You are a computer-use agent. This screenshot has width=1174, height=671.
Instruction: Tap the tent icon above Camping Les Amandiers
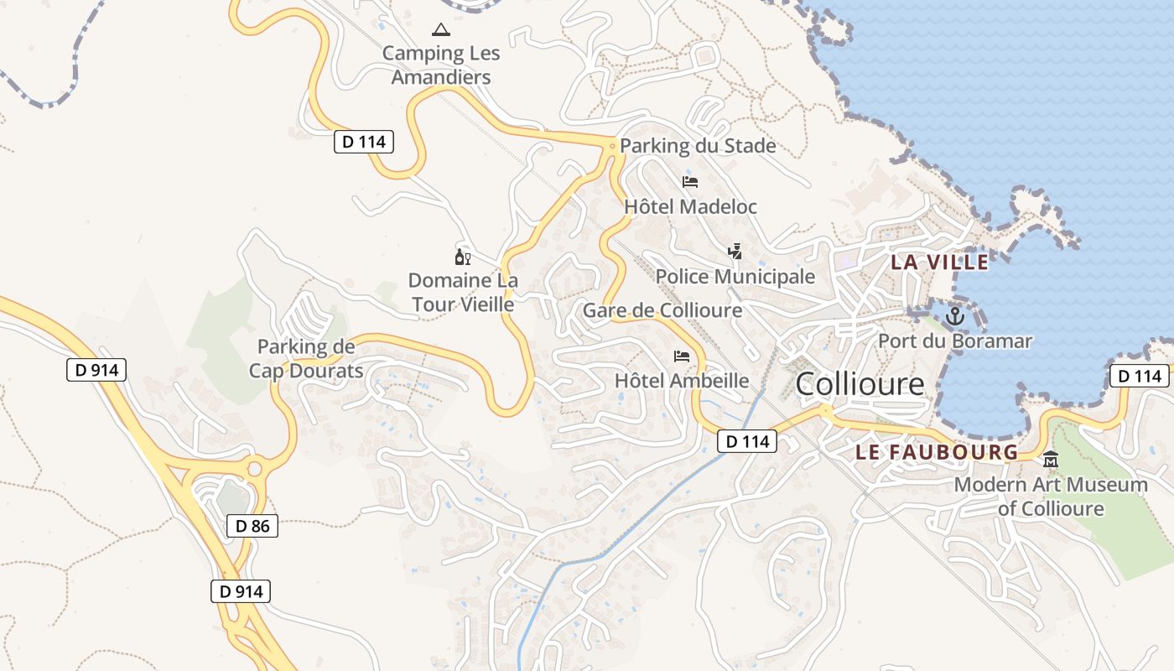pos(440,30)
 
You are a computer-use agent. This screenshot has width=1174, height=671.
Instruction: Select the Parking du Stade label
pos(698,146)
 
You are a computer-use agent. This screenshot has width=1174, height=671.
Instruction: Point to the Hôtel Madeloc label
pos(690,206)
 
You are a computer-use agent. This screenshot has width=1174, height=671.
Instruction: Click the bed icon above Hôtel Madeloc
pos(690,181)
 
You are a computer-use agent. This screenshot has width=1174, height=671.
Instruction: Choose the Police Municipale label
pos(735,277)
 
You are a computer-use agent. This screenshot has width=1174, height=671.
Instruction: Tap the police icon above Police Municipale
pos(735,251)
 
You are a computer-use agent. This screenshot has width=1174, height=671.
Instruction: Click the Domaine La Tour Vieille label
pos(463,292)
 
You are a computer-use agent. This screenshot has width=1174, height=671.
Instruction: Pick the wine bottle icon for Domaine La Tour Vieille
pos(462,257)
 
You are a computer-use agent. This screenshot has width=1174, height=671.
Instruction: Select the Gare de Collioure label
pos(662,310)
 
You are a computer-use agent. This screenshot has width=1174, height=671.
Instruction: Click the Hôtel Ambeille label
pos(682,381)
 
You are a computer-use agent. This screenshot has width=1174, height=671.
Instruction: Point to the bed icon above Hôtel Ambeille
pos(682,356)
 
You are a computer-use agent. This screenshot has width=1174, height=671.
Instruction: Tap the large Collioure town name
pos(860,384)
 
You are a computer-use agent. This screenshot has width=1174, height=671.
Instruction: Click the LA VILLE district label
pos(939,263)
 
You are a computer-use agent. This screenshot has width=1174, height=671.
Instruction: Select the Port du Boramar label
pos(955,341)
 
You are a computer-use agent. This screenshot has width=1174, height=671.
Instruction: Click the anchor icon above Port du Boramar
pos(954,317)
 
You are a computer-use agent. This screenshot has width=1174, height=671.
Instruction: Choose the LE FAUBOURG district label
pos(937,452)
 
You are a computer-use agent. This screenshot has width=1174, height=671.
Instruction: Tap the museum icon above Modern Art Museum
pos(1051,459)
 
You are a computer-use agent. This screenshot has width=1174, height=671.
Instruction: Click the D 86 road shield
pos(252,527)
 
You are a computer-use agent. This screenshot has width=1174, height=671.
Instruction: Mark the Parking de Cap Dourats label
pos(306,358)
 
